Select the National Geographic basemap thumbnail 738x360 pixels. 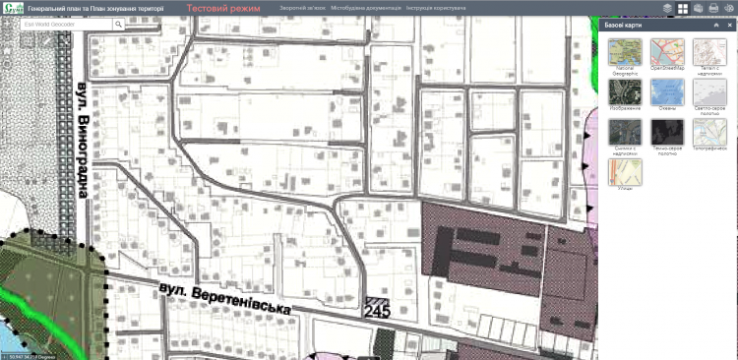622,51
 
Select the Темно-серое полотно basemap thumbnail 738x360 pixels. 664,132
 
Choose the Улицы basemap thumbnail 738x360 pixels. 622,172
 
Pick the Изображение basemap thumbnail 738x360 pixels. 622,91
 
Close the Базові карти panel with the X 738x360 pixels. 729,23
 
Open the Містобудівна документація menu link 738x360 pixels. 366,7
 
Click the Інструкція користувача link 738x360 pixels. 438,7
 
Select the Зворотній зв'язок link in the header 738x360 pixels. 302,7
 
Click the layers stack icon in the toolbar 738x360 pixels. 667,8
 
